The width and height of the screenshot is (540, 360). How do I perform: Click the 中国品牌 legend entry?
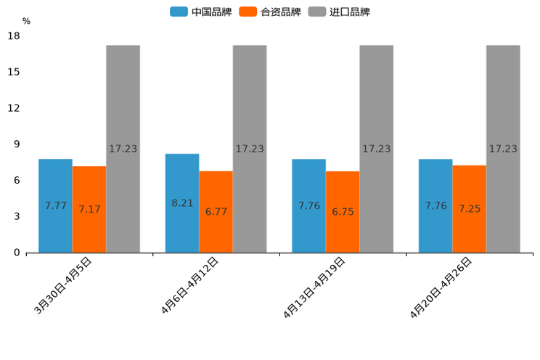click(201, 12)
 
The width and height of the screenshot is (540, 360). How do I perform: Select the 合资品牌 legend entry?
click(269, 12)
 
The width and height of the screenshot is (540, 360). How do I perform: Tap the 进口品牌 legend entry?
click(339, 12)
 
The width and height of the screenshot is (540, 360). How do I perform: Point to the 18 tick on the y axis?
click(13, 36)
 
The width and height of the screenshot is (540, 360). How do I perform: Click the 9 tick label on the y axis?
click(16, 144)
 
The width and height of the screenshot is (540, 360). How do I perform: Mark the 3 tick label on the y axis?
click(16, 216)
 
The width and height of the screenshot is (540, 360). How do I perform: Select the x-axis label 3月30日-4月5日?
click(64, 285)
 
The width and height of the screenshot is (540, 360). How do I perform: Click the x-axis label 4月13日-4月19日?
click(315, 288)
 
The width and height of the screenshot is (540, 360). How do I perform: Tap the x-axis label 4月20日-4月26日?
click(442, 288)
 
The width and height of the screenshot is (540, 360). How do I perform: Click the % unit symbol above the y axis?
click(26, 22)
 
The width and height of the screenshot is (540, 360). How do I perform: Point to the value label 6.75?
click(343, 212)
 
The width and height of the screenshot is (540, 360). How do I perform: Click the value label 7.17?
click(89, 209)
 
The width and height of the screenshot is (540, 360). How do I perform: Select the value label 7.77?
click(55, 205)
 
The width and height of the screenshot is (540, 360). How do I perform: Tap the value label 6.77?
click(216, 212)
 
